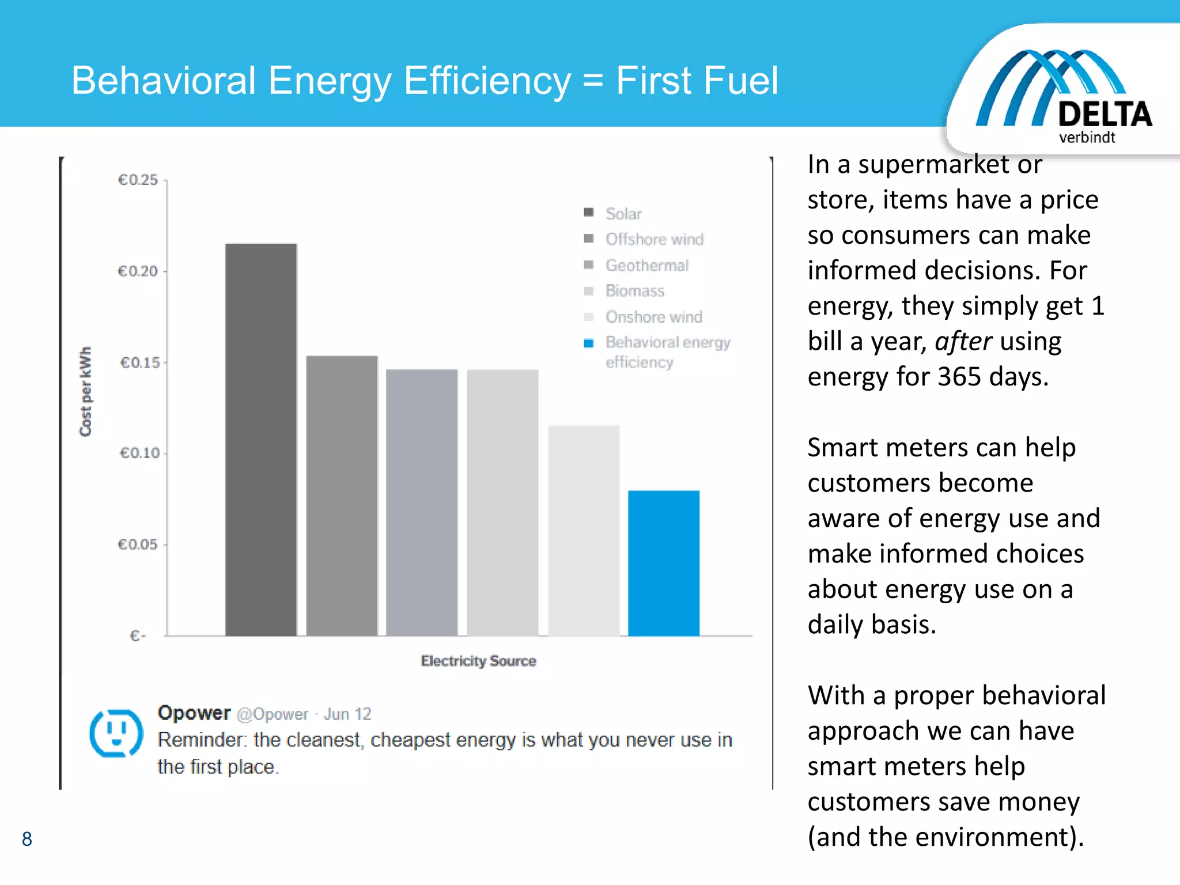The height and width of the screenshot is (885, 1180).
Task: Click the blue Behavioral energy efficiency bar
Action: coord(663,563)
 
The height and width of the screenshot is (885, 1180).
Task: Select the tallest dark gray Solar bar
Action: coord(261,439)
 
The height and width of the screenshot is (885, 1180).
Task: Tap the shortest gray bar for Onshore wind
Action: coord(583,530)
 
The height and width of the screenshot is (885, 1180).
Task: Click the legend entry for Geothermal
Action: coord(646,265)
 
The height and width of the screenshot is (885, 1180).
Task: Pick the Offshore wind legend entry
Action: coord(654,239)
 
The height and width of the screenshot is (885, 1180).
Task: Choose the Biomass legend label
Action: coord(634,291)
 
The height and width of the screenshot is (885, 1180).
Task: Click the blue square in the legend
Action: coord(588,343)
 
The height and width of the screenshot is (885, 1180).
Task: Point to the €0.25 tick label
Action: coord(138,180)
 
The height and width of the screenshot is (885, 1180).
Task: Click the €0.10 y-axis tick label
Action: coord(139,453)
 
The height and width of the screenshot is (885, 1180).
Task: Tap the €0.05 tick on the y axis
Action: coord(138,544)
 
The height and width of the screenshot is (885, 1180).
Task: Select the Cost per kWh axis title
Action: coord(85,391)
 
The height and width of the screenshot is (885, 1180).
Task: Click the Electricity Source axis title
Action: coord(478,661)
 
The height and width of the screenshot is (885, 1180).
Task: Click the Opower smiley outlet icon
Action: coord(116,732)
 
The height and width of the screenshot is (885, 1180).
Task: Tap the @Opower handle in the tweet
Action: coord(273,714)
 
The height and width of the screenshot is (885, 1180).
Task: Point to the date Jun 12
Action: coord(347,714)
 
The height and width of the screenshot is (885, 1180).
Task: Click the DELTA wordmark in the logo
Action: coord(1105,114)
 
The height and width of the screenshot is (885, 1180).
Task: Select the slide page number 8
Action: coord(27,839)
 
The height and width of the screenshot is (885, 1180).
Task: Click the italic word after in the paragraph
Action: coord(963,341)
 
